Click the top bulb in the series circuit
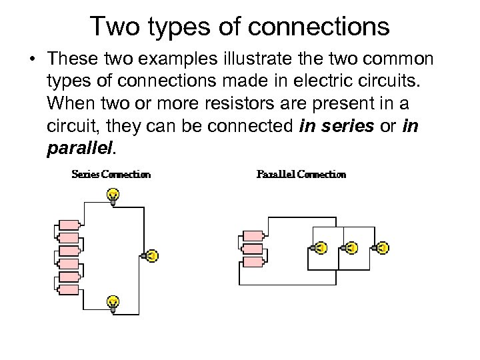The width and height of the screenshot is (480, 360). tap(113, 195)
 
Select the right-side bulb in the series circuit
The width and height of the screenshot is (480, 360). tap(151, 255)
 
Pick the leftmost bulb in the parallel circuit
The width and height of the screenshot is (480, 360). tap(320, 247)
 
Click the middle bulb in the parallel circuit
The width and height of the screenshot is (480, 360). tap(351, 247)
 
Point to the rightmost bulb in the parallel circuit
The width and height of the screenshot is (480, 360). tap(383, 247)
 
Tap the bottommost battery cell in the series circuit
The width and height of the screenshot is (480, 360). tap(69, 290)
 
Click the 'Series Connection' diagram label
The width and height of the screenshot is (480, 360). tap(111, 175)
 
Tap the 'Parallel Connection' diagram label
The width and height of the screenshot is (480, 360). tap(301, 175)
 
